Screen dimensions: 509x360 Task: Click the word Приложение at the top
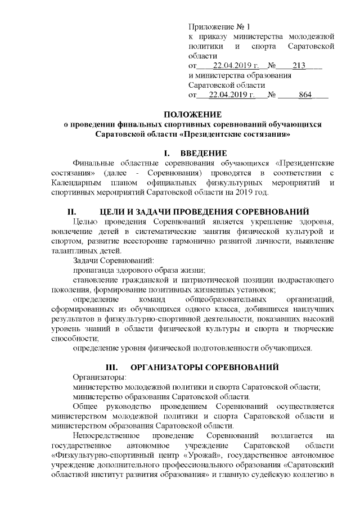click(x=213, y=26)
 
